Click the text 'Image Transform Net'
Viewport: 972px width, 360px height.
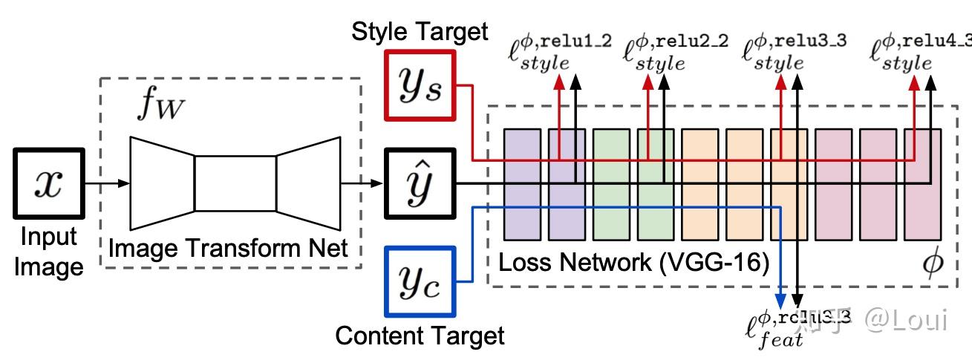pos(228,248)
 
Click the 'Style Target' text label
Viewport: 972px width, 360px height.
pos(420,31)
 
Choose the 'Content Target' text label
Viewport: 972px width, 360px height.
pos(420,336)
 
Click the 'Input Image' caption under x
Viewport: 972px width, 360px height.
pos(48,251)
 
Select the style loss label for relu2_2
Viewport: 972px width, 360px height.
pos(676,52)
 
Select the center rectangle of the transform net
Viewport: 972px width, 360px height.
pos(235,183)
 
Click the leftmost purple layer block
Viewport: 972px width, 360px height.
pos(522,183)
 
